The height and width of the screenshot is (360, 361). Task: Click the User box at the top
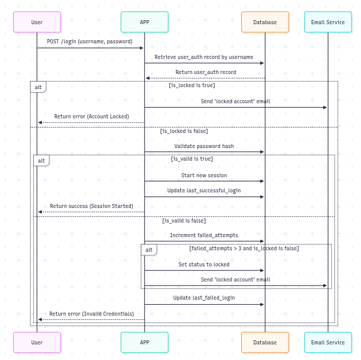(x=37, y=22)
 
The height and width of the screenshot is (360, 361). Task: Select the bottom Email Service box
(x=328, y=342)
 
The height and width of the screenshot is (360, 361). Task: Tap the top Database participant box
(x=265, y=22)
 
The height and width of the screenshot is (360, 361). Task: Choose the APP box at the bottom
(x=145, y=342)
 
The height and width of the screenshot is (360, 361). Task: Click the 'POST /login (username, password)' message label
(x=90, y=41)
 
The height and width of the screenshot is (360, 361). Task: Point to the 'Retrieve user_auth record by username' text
(x=204, y=57)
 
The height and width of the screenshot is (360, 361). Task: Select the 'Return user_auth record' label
(x=205, y=73)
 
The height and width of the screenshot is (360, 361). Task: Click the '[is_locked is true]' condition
(x=192, y=86)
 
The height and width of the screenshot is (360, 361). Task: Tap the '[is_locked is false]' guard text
(x=184, y=131)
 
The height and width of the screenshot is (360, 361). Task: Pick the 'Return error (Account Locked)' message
(x=92, y=116)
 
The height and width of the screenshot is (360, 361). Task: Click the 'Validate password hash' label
(x=204, y=146)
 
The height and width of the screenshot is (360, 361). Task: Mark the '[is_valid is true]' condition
(x=192, y=159)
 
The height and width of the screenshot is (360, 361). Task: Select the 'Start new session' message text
(x=204, y=175)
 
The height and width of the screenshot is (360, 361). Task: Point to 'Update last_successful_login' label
(x=204, y=191)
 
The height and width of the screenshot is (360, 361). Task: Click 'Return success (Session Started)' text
(x=92, y=206)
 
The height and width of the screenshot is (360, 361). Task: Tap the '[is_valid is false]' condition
(x=184, y=221)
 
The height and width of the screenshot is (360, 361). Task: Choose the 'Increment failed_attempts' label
(x=204, y=235)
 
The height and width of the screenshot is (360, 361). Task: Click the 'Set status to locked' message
(x=204, y=264)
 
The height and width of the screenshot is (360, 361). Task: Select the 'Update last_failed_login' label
(x=204, y=298)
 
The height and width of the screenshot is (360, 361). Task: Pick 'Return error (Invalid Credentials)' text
(x=92, y=314)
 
